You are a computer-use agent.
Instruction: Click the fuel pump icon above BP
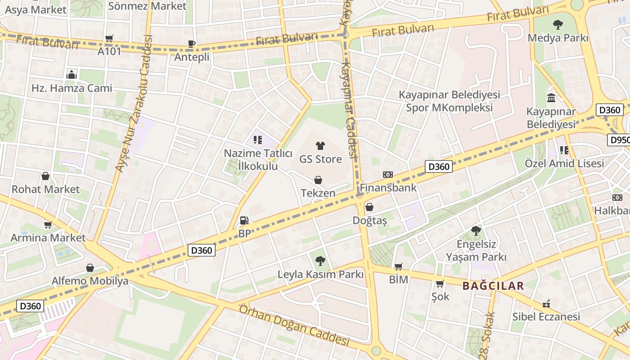point(244,220)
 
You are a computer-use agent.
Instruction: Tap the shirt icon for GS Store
point(320,145)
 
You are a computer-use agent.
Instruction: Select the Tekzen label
point(318,193)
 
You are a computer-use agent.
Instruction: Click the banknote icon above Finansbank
point(387,174)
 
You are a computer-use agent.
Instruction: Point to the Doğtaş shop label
point(369,221)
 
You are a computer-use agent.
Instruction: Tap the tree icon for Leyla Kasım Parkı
point(320,261)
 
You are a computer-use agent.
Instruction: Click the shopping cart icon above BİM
point(398,266)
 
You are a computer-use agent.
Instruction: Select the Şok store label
point(440,297)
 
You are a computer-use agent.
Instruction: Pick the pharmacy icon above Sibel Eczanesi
point(546,303)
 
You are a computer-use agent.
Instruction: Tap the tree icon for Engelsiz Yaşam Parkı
point(476,231)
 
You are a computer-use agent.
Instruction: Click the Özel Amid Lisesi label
point(564,163)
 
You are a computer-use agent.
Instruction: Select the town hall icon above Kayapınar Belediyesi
point(551,98)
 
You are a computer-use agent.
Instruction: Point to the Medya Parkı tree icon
point(558,24)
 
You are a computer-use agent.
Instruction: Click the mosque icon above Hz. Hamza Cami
point(72,75)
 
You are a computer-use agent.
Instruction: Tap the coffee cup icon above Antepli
point(192,44)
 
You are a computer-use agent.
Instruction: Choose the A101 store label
point(109,51)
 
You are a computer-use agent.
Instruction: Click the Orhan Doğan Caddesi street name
point(294,326)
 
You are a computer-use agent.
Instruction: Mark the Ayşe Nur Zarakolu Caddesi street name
point(133,103)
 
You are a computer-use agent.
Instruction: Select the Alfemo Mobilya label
point(90,281)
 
